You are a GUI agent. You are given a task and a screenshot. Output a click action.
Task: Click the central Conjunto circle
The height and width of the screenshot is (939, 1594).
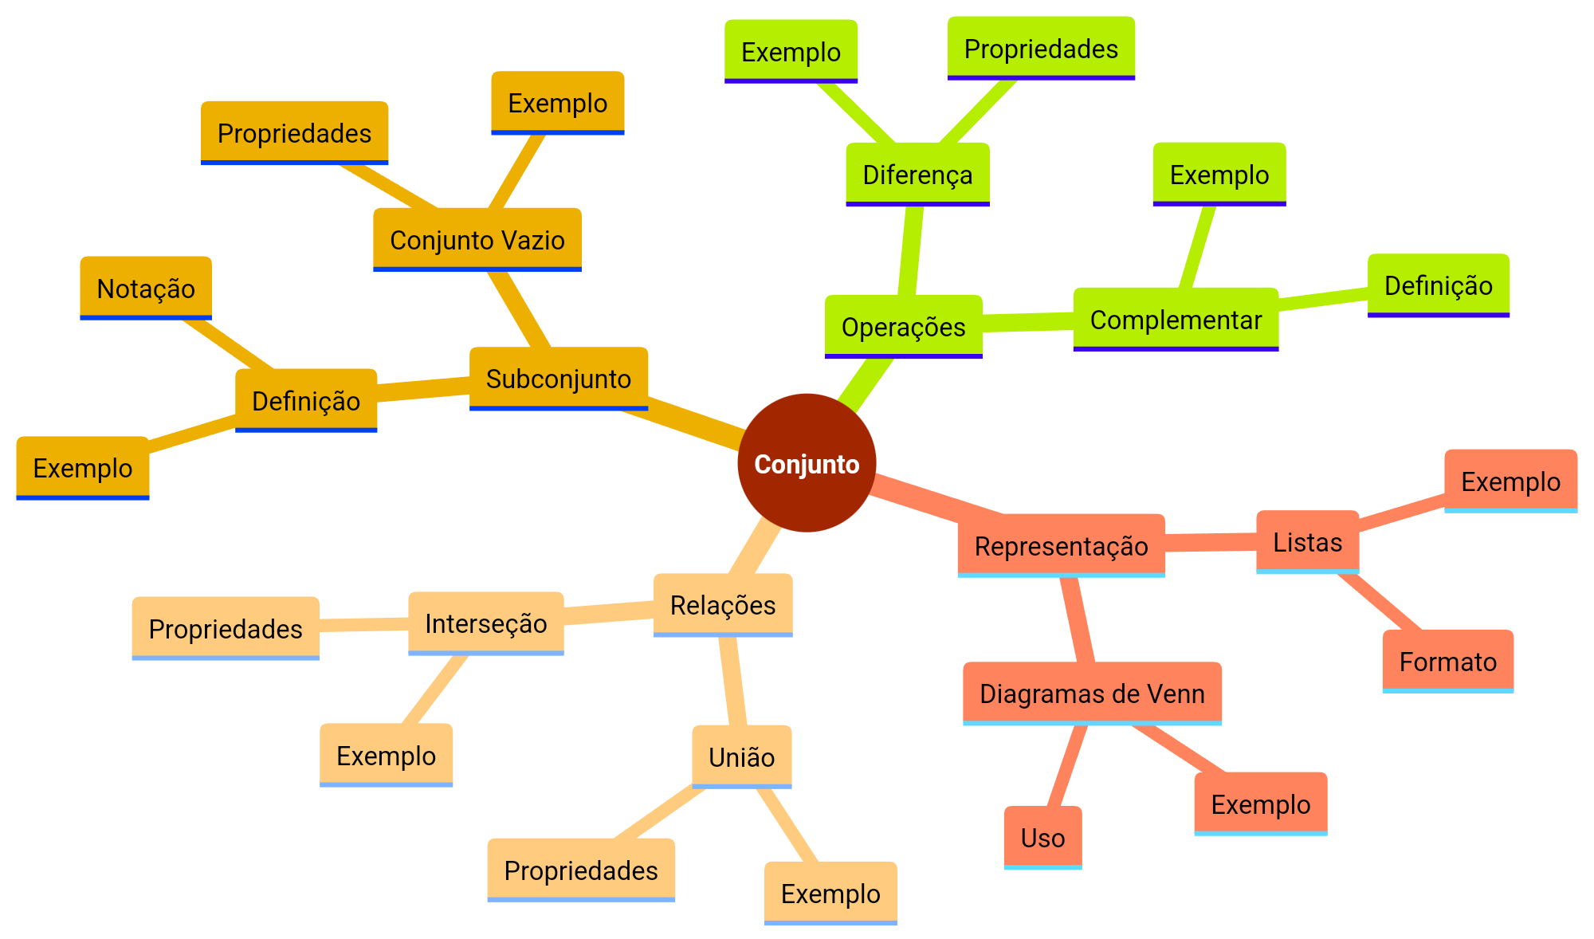coord(807,463)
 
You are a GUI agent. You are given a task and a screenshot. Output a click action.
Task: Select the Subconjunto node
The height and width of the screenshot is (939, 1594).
coord(558,379)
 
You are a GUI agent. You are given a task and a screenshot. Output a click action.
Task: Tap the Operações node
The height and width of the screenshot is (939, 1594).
coord(903,327)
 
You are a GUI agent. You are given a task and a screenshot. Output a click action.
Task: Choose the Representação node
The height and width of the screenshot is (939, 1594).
coord(1061,546)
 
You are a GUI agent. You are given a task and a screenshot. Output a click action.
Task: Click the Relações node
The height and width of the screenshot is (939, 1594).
coord(723,605)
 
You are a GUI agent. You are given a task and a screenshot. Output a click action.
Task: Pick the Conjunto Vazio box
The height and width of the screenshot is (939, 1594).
coord(477,240)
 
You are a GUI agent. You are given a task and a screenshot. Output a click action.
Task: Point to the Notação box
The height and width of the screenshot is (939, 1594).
coord(146,289)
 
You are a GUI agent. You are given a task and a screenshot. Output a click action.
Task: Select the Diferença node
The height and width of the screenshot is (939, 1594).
coord(917,175)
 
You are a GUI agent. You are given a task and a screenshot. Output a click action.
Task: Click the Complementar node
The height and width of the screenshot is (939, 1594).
coord(1176,320)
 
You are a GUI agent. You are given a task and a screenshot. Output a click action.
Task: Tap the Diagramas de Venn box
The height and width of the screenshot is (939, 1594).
coord(1092,693)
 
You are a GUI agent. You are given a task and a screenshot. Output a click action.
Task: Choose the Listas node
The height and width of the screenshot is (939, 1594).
coord(1307,542)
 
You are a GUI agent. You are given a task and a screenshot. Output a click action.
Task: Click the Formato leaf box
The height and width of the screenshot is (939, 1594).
coord(1447,662)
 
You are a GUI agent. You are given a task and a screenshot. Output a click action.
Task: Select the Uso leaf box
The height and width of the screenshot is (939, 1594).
coord(1042,838)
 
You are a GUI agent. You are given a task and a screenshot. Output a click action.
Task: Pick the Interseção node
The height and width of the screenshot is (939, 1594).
coord(486,623)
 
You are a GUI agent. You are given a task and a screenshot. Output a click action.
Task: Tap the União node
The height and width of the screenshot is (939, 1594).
coord(741,757)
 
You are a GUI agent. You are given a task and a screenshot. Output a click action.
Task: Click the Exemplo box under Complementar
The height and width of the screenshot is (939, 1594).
coord(1219,175)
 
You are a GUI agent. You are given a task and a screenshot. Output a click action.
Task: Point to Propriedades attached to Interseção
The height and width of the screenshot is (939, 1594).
coord(226,629)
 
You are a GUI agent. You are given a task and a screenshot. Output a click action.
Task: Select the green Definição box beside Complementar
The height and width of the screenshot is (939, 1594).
coord(1438,285)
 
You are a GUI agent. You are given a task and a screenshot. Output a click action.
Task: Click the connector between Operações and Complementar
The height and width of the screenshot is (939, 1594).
coord(1028,322)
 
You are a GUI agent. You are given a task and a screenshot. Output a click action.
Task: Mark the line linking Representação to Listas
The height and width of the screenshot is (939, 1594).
coord(1210,543)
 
